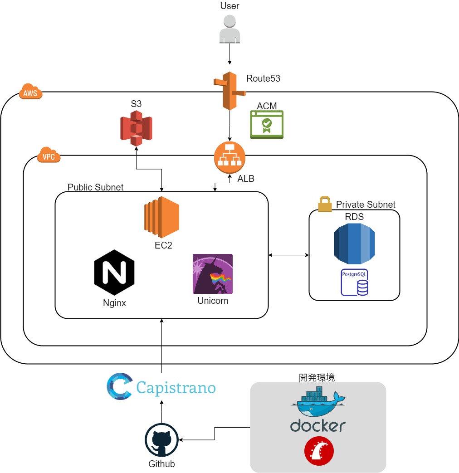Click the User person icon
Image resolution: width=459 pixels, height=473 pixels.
[229, 29]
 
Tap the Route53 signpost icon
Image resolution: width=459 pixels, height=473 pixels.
[229, 91]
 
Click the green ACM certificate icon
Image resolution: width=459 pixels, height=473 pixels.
[267, 125]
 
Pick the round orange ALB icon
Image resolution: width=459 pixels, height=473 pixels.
[229, 157]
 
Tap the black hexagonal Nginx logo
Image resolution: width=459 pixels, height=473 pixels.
[114, 272]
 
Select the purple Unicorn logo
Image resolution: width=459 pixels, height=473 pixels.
[213, 274]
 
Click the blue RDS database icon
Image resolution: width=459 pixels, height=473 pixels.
[354, 244]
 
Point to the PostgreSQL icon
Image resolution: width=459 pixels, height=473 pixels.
[354, 283]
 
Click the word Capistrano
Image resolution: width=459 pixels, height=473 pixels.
[176, 388]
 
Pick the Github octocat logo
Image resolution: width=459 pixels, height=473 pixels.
[161, 440]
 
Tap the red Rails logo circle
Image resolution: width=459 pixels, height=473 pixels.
[319, 451]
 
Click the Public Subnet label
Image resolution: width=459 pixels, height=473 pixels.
[95, 187]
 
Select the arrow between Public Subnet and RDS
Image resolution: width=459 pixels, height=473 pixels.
[288, 255]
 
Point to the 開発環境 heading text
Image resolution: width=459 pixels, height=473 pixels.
[317, 377]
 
